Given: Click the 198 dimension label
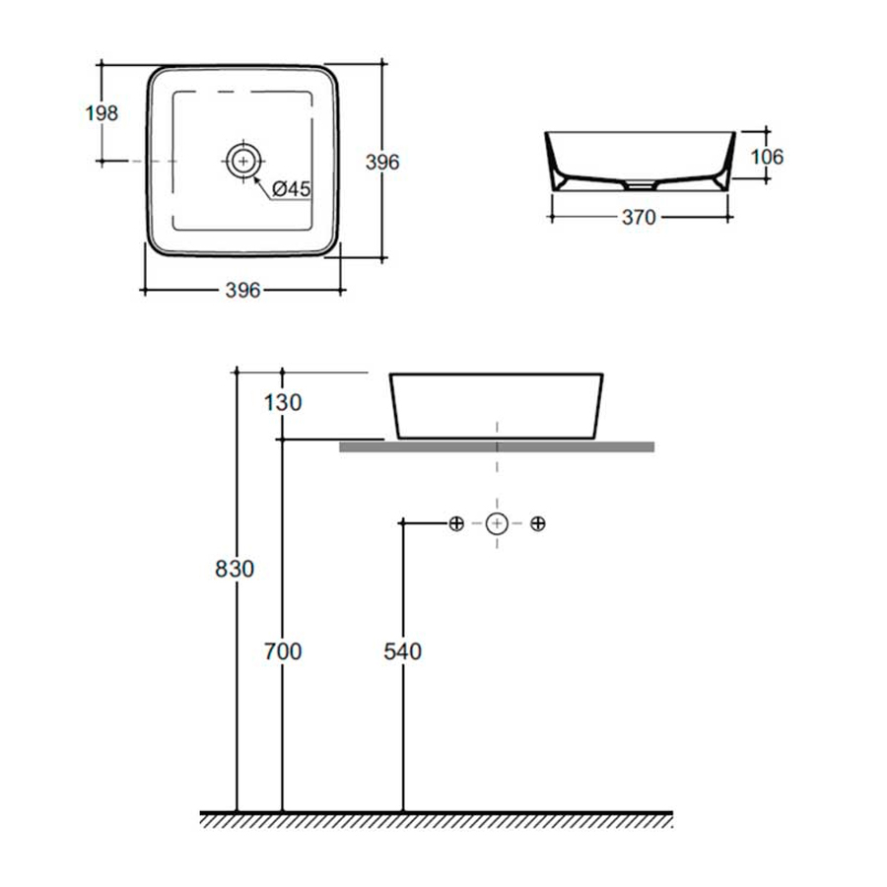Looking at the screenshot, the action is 102,113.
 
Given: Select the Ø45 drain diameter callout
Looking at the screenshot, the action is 292,189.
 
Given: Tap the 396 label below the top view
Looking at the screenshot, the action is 242,290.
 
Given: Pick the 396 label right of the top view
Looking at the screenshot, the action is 382,163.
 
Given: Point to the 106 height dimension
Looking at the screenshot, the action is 767,157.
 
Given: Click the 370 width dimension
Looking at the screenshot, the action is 639,217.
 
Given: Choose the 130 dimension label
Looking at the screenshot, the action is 283,403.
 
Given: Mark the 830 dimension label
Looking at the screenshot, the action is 235,569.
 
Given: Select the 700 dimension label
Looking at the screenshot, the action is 283,651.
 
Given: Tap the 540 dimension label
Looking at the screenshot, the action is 403,651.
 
